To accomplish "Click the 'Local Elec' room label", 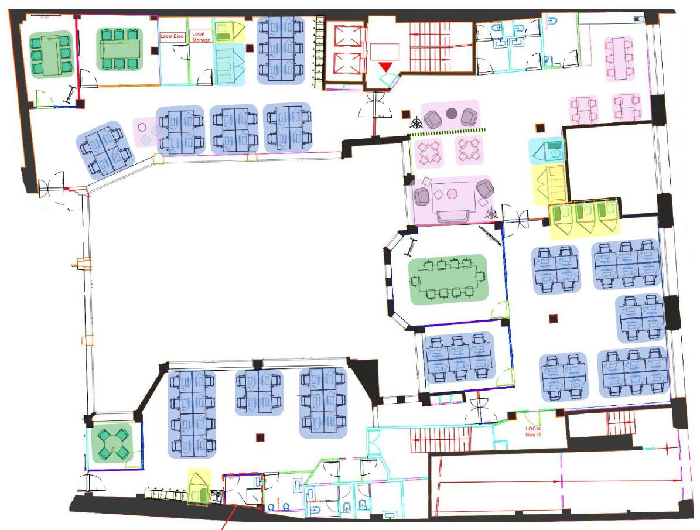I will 172,36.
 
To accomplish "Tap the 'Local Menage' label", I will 201,37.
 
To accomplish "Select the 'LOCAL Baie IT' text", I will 534,431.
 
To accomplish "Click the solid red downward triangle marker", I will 385,67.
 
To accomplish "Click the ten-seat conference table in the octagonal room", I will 448,279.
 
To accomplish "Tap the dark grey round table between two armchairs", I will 451,113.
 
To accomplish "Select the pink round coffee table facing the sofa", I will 452,193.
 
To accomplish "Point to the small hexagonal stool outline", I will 142,126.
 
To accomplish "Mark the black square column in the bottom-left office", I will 259,436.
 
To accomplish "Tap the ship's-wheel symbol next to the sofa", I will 491,216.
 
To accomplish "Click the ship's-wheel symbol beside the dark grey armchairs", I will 415,123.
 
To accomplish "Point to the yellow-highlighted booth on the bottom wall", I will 199,487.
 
